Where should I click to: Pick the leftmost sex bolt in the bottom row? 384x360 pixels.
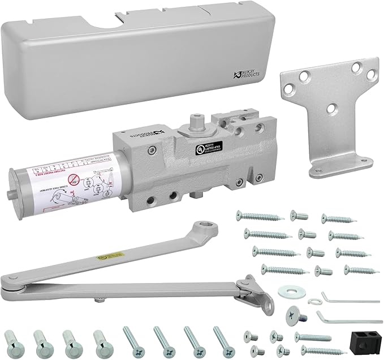click(x=11, y=342)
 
